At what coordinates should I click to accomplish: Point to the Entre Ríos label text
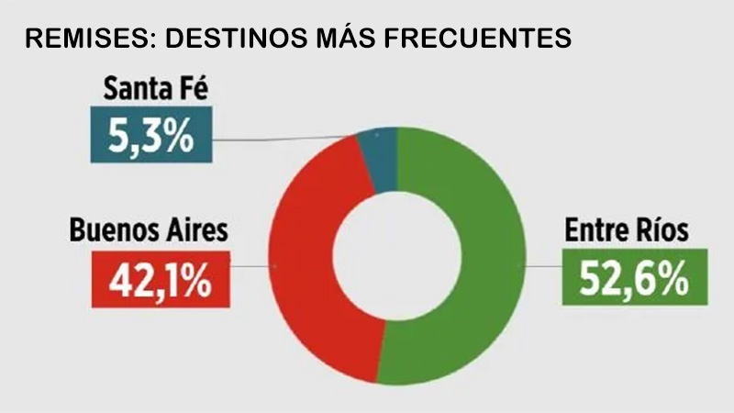[x=625, y=231]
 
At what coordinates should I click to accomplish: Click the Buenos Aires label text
[x=148, y=231]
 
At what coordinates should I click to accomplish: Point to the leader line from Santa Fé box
[x=284, y=140]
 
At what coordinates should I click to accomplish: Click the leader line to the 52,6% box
[x=541, y=266]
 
